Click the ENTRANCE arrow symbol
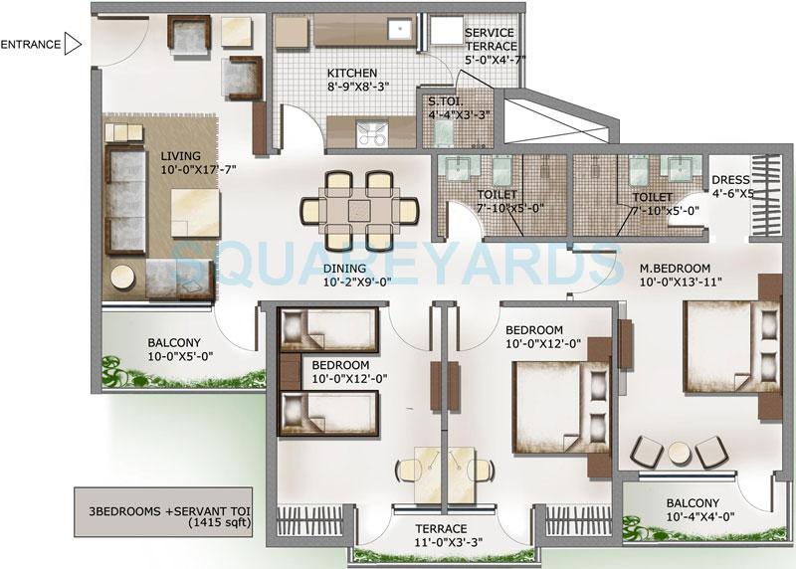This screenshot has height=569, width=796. pyautogui.click(x=72, y=43)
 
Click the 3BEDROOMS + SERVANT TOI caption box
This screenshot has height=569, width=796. pyautogui.click(x=166, y=508)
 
